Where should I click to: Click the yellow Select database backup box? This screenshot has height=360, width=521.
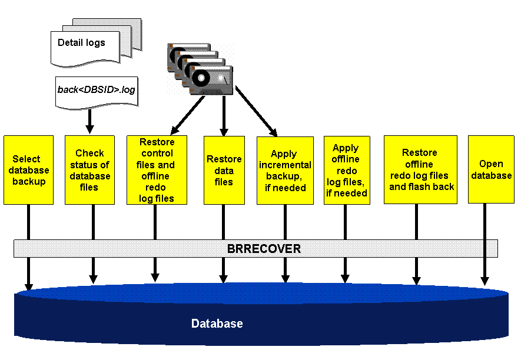point(28,170)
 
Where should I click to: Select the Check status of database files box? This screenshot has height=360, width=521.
point(89,170)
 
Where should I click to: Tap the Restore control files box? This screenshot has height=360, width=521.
point(157,170)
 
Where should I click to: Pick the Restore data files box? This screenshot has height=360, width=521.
point(224,170)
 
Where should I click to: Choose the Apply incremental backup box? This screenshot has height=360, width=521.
point(285,171)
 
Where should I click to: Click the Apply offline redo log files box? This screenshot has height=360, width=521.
point(347,171)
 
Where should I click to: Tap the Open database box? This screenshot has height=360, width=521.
point(491,170)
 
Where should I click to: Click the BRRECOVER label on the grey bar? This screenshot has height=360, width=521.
point(264,249)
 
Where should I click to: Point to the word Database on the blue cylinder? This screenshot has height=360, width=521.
point(217,324)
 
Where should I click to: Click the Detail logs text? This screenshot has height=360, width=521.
point(81,43)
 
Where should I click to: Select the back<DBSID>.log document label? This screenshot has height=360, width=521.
point(97,90)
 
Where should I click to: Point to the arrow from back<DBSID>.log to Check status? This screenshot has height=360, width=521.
point(90,121)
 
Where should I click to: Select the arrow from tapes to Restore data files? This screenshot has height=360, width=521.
point(224,114)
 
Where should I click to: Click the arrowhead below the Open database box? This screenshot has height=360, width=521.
point(485,281)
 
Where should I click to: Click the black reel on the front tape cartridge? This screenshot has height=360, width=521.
point(201,78)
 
